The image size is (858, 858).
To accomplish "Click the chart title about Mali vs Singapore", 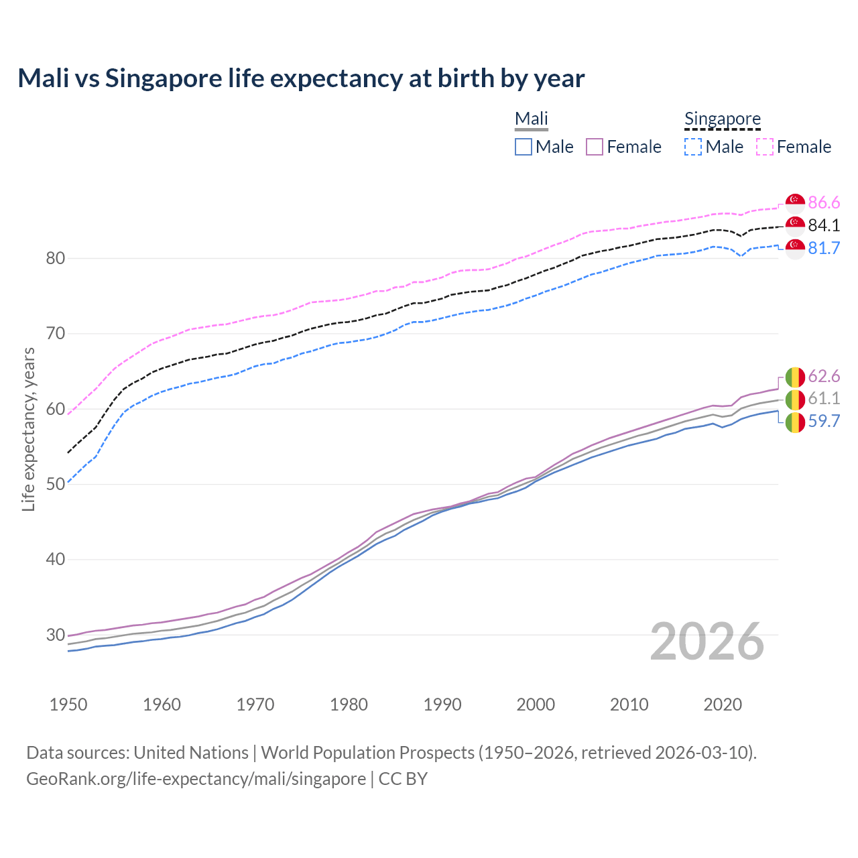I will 301,78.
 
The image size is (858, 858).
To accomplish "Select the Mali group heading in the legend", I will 531,119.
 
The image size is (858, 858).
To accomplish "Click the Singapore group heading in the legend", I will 722,119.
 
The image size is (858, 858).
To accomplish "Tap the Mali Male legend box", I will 524,147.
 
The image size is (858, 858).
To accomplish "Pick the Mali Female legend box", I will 595,147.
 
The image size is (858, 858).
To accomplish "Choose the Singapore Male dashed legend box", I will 693,147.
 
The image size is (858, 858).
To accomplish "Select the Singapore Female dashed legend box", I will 765,147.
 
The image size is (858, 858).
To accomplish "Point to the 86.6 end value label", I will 824,202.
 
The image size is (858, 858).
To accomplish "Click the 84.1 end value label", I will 824,225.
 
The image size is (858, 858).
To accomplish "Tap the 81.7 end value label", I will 824,248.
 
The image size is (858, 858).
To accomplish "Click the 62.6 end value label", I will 824,376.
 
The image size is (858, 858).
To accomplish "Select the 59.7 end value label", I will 824,421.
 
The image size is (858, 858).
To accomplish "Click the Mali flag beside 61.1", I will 795,400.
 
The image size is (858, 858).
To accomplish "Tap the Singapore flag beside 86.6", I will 795,203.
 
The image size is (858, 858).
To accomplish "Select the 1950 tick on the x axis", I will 68,704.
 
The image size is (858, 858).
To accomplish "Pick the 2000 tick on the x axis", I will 536,704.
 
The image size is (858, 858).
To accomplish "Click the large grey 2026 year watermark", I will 707,641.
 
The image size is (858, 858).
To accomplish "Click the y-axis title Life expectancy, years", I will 29,429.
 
